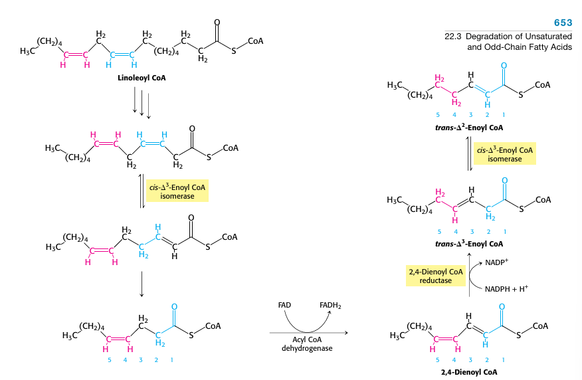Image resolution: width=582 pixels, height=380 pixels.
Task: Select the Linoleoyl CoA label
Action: click(x=142, y=78)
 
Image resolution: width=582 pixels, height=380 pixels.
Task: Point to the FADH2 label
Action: click(x=330, y=305)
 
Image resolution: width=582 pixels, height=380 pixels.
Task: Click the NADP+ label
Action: click(x=496, y=262)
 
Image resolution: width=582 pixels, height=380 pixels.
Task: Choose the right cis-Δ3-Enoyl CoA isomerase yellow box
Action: click(x=505, y=155)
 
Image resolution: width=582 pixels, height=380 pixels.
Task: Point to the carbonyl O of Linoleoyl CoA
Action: click(x=217, y=23)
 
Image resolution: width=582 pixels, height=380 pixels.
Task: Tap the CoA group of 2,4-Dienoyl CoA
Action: click(x=541, y=326)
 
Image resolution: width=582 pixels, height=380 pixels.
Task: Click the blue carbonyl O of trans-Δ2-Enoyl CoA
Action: click(x=504, y=64)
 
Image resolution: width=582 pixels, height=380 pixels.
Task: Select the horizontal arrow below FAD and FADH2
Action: click(x=309, y=332)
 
